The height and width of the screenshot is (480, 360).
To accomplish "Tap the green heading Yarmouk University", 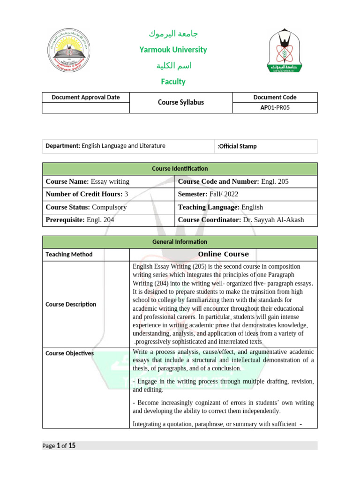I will [x=173, y=50].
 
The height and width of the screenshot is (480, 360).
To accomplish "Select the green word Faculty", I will [x=173, y=82].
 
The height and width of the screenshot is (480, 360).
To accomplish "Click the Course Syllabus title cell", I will [x=181, y=102].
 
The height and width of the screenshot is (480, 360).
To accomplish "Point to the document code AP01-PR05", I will [x=275, y=108].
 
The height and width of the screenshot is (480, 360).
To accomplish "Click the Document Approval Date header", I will [x=86, y=97].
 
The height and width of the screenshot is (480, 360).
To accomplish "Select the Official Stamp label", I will [x=238, y=146].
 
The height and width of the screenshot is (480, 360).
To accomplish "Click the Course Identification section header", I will [x=180, y=169].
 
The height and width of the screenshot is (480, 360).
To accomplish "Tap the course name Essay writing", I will [x=110, y=181].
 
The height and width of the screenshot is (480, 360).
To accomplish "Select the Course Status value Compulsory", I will [x=109, y=207].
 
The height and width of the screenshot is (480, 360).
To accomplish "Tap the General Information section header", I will [x=180, y=242].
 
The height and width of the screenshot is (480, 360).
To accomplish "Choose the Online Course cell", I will [x=223, y=255].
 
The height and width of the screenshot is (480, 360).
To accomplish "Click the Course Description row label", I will [x=71, y=304].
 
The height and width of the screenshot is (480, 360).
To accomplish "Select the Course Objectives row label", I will [x=69, y=353].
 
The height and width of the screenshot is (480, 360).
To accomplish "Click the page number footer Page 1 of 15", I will [x=59, y=446].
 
